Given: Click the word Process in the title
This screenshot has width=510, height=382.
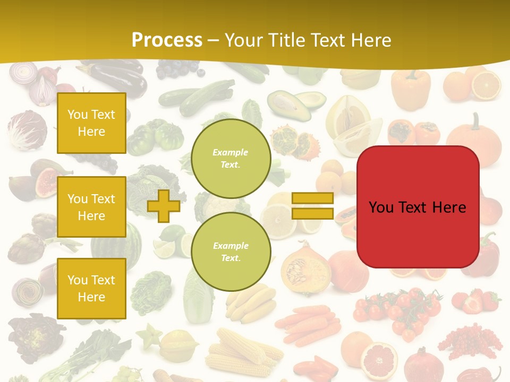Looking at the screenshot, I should coord(167,40).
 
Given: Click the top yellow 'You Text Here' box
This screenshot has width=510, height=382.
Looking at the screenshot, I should coord(91,123).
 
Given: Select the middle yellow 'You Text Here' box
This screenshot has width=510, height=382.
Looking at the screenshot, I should coord(91,207).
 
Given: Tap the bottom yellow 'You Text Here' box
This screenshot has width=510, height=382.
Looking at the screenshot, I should coord(91,288).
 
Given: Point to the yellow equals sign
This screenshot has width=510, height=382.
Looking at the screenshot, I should coord(312,206).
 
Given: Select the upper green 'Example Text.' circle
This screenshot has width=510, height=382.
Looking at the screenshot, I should coord(231,158).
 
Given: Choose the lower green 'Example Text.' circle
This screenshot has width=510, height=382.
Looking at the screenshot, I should coord(231,251).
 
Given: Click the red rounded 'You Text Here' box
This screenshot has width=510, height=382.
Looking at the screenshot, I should coord(418,207).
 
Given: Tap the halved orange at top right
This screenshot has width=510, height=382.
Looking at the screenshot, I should coord(486,85).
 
